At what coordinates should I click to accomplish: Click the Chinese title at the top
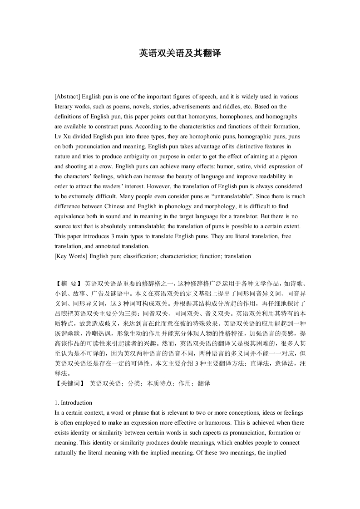[x=180, y=53]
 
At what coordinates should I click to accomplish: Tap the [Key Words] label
[x=71, y=256]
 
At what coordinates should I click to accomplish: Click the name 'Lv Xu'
[x=62, y=137]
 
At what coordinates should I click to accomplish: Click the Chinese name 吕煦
[x=61, y=313]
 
